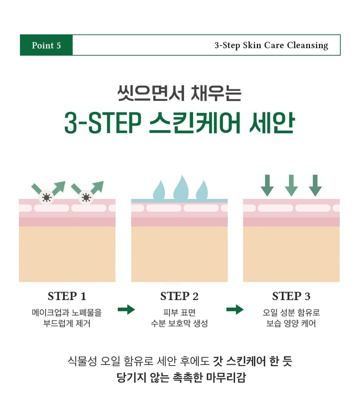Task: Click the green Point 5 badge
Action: click(x=46, y=45)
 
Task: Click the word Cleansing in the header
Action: click(x=308, y=45)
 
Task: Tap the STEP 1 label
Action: click(x=67, y=296)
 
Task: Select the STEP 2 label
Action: click(x=179, y=296)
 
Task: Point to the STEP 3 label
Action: click(x=291, y=296)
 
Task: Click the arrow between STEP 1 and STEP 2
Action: click(x=126, y=309)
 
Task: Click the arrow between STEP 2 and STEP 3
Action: click(x=235, y=309)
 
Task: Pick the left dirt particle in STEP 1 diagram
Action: click(x=46, y=198)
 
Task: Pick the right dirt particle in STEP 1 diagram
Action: click(x=86, y=198)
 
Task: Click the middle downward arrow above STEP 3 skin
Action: click(x=291, y=185)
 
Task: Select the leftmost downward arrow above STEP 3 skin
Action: click(x=267, y=185)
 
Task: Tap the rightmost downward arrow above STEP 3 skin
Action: click(x=315, y=185)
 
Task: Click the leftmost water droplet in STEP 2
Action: click(x=159, y=190)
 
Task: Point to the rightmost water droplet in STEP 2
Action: click(x=202, y=190)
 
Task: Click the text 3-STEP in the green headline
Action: click(x=103, y=123)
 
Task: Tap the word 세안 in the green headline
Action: click(x=272, y=123)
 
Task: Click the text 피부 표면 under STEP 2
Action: click(x=179, y=312)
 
